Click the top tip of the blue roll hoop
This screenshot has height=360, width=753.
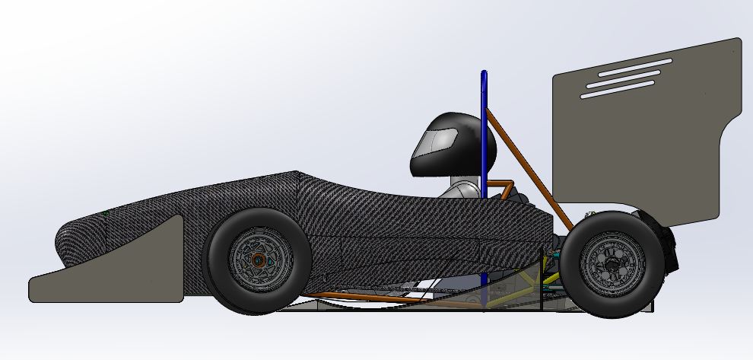[x=484, y=74]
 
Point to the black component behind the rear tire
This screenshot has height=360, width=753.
[x=669, y=244]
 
